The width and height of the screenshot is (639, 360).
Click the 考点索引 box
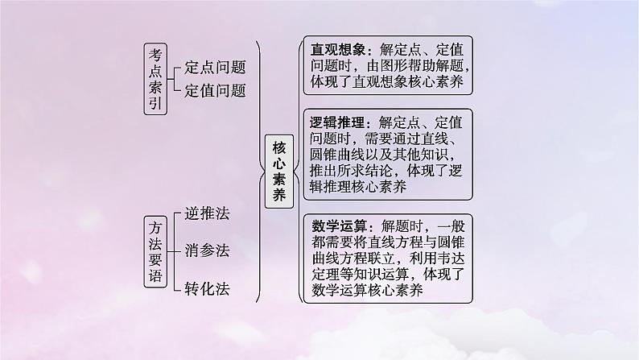[156, 79]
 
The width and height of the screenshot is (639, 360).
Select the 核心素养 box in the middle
[279, 171]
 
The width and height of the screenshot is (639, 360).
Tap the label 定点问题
[215, 68]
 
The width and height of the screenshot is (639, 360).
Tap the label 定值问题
[215, 90]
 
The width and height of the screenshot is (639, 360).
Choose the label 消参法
[207, 250]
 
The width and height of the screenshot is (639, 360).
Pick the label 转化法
[207, 289]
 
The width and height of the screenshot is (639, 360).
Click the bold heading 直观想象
[338, 48]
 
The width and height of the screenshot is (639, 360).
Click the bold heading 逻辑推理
[338, 123]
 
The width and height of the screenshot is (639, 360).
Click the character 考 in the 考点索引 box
[156, 53]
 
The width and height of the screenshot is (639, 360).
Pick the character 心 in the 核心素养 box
[279, 159]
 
